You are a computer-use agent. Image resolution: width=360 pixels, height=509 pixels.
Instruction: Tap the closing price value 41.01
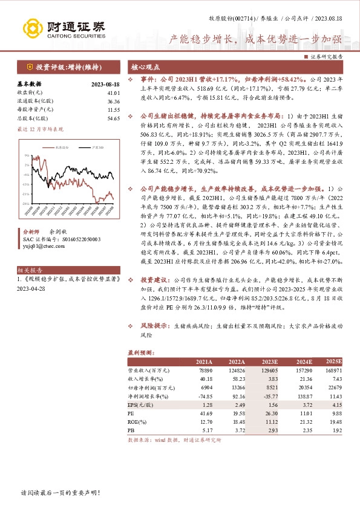113,92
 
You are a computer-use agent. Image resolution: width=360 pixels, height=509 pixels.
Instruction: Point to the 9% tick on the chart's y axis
27,155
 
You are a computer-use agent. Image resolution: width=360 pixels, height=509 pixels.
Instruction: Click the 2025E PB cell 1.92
335,430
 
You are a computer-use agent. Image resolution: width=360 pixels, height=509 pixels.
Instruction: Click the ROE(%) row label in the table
139,421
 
